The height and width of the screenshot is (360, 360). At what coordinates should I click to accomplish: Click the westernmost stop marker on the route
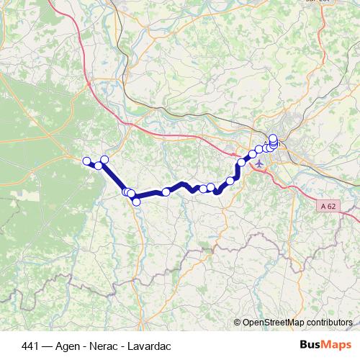click(x=86, y=161)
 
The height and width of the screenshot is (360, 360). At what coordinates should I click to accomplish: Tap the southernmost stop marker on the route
click(x=136, y=201)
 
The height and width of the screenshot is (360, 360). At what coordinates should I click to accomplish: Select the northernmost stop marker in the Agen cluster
click(x=273, y=138)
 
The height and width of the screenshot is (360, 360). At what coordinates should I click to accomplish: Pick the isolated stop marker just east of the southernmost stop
click(x=166, y=192)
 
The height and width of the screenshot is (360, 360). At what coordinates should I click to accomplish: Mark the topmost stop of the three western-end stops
click(x=104, y=159)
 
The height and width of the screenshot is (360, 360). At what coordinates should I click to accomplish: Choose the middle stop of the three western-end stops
click(x=99, y=166)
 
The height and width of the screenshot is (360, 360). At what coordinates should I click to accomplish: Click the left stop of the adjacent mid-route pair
click(x=203, y=189)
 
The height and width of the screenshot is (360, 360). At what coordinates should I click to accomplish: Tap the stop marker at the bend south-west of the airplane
click(x=230, y=180)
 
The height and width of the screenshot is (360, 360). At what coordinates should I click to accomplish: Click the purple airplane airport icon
click(x=259, y=163)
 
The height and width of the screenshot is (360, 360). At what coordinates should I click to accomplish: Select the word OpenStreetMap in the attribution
click(x=272, y=323)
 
